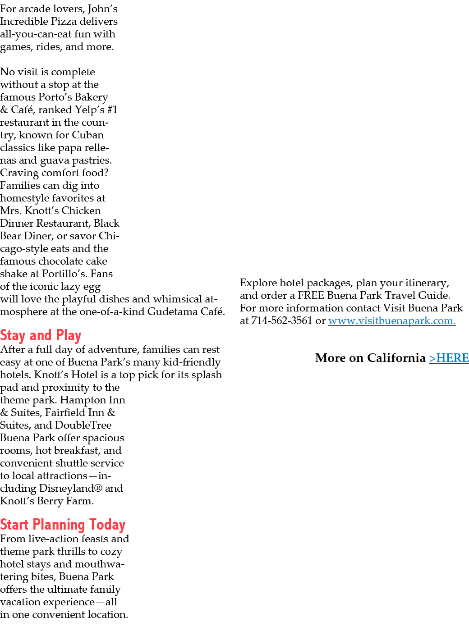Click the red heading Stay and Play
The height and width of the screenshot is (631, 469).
[41, 335]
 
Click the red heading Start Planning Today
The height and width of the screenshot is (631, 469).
[63, 525]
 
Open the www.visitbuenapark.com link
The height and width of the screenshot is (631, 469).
[392, 320]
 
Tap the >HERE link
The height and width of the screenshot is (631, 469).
[449, 357]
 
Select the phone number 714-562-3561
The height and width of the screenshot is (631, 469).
[282, 320]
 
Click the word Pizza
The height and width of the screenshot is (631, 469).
[64, 21]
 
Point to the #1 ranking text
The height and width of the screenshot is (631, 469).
[112, 110]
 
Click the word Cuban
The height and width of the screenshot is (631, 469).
[87, 135]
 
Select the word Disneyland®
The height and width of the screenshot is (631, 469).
[71, 488]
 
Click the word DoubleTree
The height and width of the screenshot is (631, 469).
[83, 425]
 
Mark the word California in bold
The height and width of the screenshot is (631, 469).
[396, 357]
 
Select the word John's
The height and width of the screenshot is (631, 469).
[102, 9]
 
